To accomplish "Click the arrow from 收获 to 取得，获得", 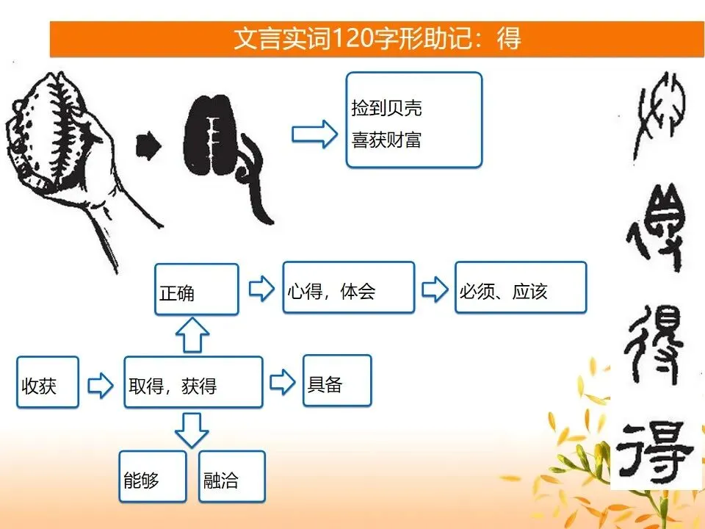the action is pyautogui.click(x=101, y=385).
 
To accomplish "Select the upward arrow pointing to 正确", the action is pyautogui.click(x=192, y=335).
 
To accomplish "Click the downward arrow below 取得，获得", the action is pyautogui.click(x=192, y=431).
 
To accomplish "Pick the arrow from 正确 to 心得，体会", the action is pyautogui.click(x=261, y=288).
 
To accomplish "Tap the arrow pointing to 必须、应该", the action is pyautogui.click(x=435, y=288).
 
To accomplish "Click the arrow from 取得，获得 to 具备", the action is pyautogui.click(x=282, y=382).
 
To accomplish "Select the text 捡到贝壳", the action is pyautogui.click(x=387, y=108).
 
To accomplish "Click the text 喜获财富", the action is pyautogui.click(x=387, y=140).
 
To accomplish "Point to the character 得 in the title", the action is pyautogui.click(x=508, y=38).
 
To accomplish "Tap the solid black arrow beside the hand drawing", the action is pyautogui.click(x=148, y=145).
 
